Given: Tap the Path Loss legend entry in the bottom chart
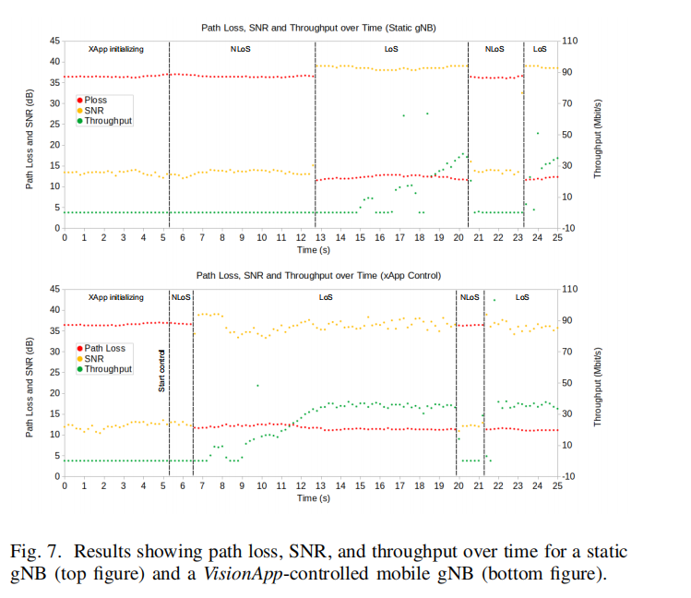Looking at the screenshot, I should pyautogui.click(x=104, y=348).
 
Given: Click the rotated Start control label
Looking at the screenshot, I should pyautogui.click(x=162, y=372).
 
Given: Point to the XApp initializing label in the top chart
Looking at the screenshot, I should pyautogui.click(x=115, y=49).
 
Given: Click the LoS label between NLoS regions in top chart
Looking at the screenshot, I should pyautogui.click(x=392, y=49).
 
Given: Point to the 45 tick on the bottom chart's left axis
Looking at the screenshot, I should pyautogui.click(x=54, y=289).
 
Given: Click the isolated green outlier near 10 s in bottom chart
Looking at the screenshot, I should pyautogui.click(x=257, y=386).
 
